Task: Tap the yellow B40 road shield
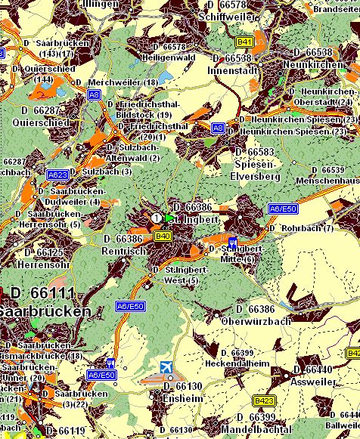coord(162,237)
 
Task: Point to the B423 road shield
coord(265,400)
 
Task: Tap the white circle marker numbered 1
coord(157,218)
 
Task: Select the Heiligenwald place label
coord(168,57)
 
